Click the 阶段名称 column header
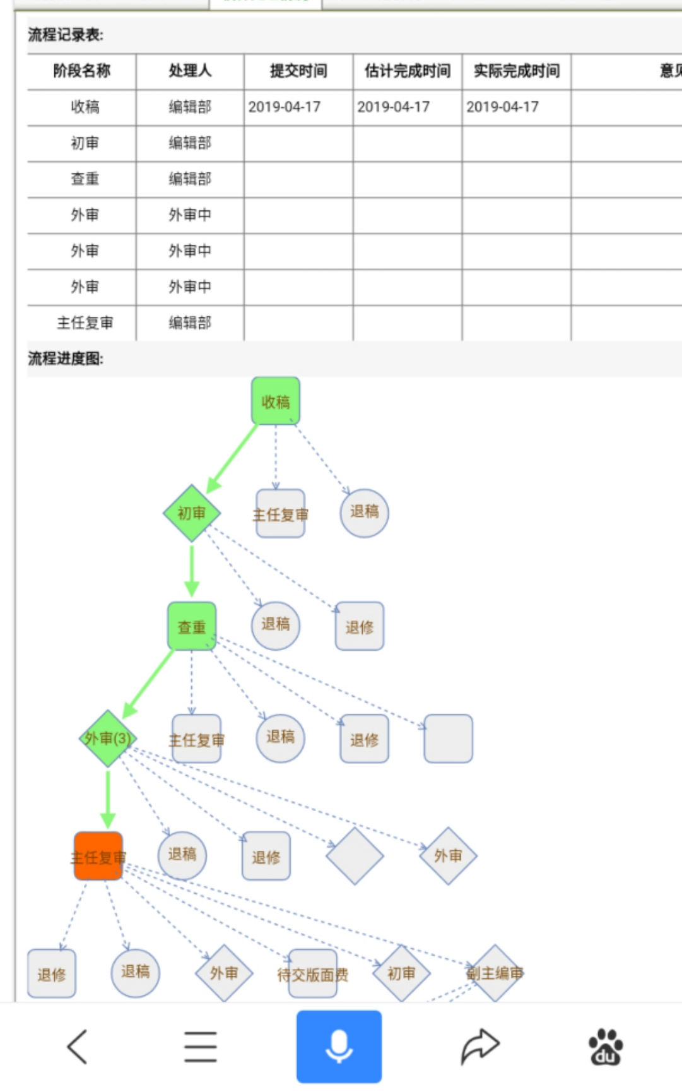[82, 71]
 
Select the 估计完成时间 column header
[407, 71]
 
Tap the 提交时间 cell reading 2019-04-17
[285, 107]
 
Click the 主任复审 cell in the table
[85, 323]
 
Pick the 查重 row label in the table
[85, 179]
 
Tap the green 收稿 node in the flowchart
[276, 401]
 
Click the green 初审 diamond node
[192, 513]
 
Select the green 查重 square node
[192, 626]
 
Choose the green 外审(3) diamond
[108, 738]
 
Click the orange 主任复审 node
[98, 857]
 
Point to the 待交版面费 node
[313, 974]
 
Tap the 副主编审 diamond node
[495, 973]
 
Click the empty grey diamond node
[355, 856]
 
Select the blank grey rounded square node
[448, 739]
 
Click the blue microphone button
[339, 1047]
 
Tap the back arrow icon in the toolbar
[78, 1047]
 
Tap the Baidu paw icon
[606, 1047]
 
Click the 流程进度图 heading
[66, 359]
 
